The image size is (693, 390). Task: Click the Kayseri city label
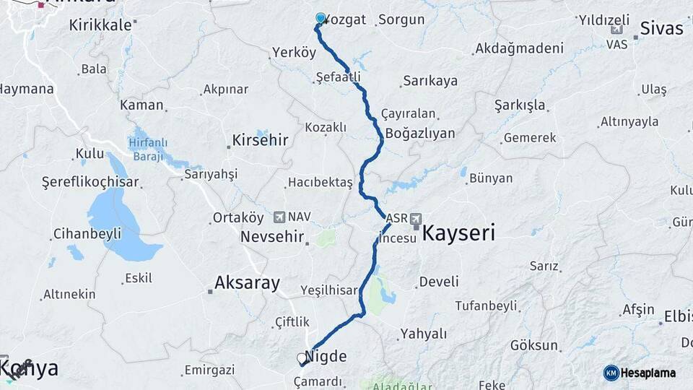tap(458, 233)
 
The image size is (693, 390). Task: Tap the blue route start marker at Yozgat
tap(321, 18)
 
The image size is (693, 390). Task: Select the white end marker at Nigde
tap(302, 357)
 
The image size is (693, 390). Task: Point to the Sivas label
tap(663, 29)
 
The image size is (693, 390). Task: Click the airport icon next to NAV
tap(279, 217)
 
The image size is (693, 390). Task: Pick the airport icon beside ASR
tap(417, 217)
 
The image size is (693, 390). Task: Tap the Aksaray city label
tap(247, 283)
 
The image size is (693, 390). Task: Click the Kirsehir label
tap(260, 140)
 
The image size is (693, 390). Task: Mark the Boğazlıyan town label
tap(420, 134)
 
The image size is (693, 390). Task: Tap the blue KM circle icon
tap(611, 373)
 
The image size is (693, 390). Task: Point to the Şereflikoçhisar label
tap(90, 181)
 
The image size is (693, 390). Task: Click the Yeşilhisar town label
tap(329, 290)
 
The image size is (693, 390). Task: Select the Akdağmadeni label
tap(519, 49)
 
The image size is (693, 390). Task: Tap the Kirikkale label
tap(100, 25)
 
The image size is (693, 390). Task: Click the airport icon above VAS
tap(616, 30)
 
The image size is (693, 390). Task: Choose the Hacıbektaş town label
tap(320, 183)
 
